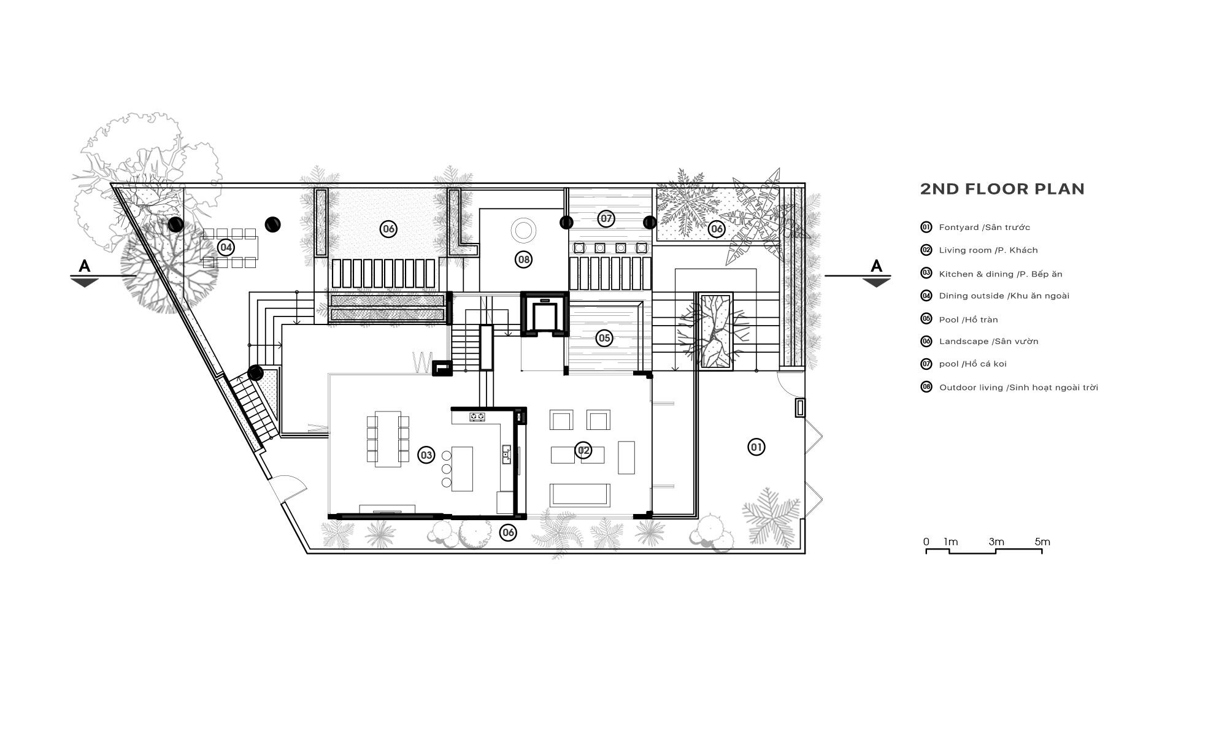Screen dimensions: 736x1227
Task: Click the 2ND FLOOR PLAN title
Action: [1002, 189]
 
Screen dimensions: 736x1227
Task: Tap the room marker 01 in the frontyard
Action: [756, 447]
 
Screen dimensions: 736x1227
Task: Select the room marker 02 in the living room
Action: [583, 451]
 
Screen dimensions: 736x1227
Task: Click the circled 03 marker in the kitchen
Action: [426, 455]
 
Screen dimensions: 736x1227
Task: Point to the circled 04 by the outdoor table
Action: [226, 248]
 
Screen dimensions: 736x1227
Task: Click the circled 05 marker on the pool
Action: [604, 338]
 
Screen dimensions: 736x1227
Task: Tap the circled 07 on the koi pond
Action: [606, 218]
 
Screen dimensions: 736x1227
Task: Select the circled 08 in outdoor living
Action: [523, 259]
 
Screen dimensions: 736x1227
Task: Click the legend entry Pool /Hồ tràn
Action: [968, 320]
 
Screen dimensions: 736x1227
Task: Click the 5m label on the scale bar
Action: [1042, 542]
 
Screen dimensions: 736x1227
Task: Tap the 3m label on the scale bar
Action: [996, 542]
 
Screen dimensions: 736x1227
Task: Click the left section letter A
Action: [85, 266]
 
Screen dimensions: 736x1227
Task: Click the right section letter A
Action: [876, 266]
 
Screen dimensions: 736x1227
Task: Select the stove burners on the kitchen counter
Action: [477, 417]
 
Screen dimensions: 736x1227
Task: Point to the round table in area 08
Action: [523, 231]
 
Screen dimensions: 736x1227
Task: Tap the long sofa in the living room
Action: [580, 494]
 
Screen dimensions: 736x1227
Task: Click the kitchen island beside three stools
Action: [463, 469]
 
